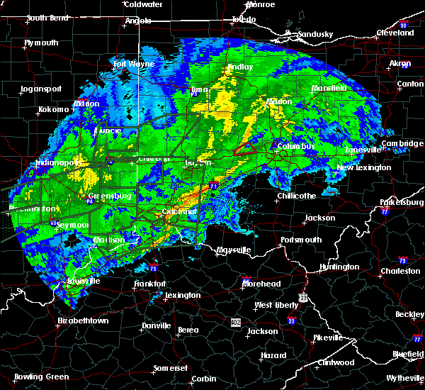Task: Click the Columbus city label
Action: tap(296, 147)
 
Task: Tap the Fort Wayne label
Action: tap(134, 65)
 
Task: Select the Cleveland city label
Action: tap(395, 33)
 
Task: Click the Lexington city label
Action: tap(183, 295)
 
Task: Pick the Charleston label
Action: tap(400, 270)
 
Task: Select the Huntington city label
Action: tap(339, 267)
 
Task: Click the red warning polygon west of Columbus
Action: tap(244, 149)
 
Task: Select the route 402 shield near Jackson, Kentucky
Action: tap(234, 322)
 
